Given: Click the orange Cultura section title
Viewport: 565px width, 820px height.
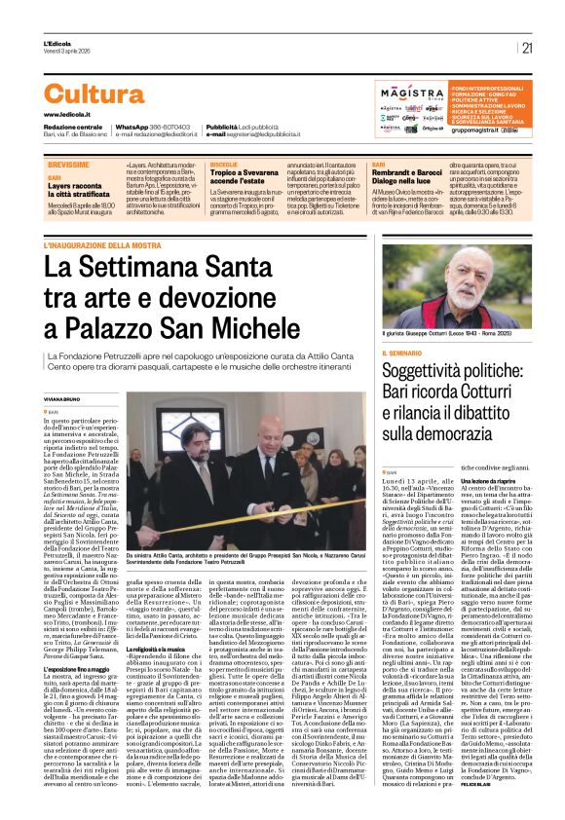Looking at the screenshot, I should (94, 93).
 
